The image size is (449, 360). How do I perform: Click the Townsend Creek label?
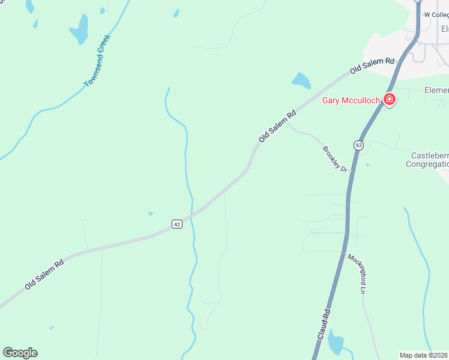pyautogui.click(x=98, y=61)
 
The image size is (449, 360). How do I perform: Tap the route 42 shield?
pyautogui.click(x=176, y=224)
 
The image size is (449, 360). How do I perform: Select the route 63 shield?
pyautogui.click(x=358, y=145)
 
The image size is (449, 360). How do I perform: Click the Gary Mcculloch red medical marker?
pyautogui.click(x=390, y=100)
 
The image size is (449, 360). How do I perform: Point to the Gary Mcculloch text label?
pyautogui.click(x=351, y=100)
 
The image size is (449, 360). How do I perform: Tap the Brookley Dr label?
pyautogui.click(x=336, y=159)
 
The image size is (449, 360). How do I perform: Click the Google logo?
pyautogui.click(x=20, y=352)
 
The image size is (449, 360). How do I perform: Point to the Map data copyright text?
pyautogui.click(x=424, y=355)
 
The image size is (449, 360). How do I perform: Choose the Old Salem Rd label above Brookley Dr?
pyautogui.click(x=278, y=125)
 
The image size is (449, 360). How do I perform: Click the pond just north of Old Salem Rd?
pyautogui.click(x=301, y=80)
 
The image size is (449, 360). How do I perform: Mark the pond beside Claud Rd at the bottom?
pyautogui.click(x=334, y=342)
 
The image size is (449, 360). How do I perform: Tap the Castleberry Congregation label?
pyautogui.click(x=427, y=160)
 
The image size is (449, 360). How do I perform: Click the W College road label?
pyautogui.click(x=436, y=14)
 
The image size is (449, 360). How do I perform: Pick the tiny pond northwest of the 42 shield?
pyautogui.click(x=150, y=214)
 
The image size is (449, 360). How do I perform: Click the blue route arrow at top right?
pyautogui.click(x=419, y=3)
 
